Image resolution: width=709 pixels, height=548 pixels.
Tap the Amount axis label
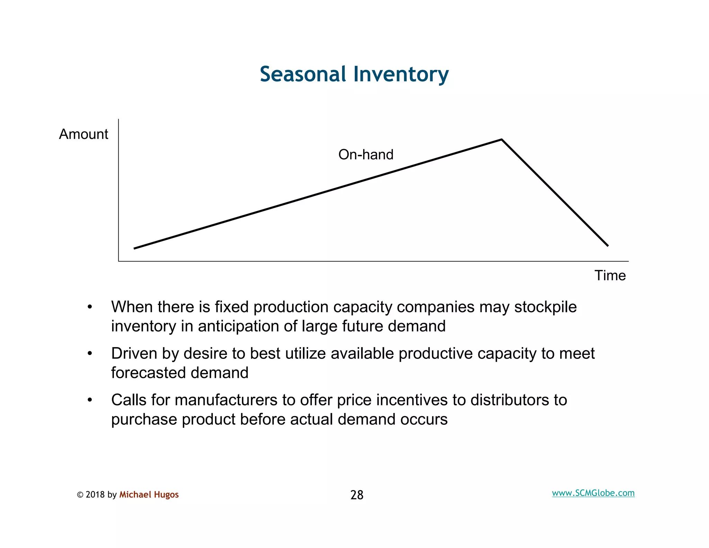(83, 134)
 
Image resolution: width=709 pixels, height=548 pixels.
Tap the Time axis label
(610, 275)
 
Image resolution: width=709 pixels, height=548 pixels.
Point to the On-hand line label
(366, 154)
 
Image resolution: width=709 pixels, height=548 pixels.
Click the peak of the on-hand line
(501, 140)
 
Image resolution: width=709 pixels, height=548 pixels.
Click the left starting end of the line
(135, 248)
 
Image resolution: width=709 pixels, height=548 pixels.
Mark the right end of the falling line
(608, 246)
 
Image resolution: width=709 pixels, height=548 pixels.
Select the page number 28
(357, 495)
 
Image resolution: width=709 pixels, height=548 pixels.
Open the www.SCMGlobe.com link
(593, 493)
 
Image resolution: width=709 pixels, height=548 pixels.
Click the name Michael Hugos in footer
(149, 494)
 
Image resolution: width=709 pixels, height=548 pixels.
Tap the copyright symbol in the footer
(80, 495)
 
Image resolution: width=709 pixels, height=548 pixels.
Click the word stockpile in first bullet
(545, 307)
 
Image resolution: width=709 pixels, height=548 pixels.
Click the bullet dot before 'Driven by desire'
(90, 354)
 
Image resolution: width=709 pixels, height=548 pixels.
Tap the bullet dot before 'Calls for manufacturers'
(90, 400)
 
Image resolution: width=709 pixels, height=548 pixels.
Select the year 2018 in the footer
(95, 495)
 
